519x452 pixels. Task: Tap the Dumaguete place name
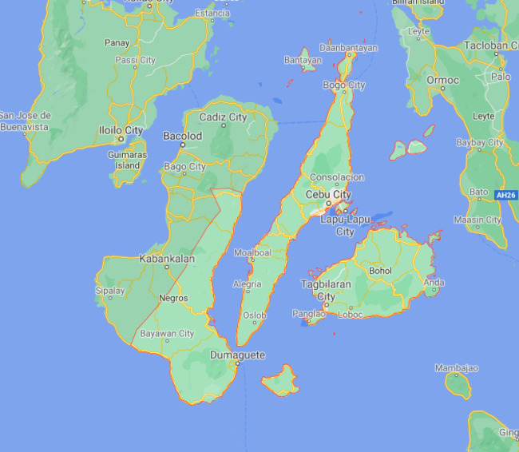tap(237, 355)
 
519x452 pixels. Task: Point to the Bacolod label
tap(183, 137)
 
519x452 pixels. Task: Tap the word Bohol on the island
tap(380, 271)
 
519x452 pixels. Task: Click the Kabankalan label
tap(167, 259)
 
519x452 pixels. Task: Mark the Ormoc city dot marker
tap(442, 89)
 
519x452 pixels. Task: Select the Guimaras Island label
tap(126, 161)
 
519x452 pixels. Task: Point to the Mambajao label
tap(456, 368)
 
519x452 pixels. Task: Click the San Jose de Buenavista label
tap(25, 121)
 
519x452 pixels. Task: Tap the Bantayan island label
tap(303, 60)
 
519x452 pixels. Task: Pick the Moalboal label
tap(252, 252)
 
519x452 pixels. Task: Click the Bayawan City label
tap(167, 334)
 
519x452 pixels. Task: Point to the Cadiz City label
tap(223, 117)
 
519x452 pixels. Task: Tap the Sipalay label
tap(110, 291)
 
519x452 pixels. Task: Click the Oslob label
tap(254, 315)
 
